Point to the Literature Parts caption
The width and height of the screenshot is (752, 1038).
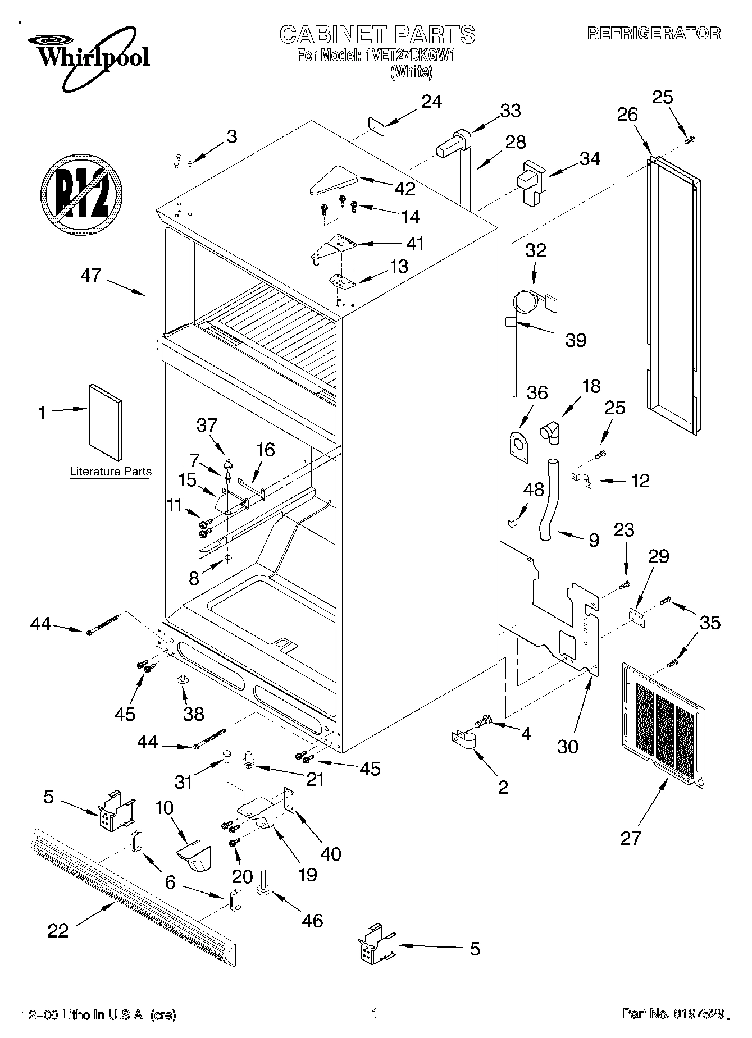111,472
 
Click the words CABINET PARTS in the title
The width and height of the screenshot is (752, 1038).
377,35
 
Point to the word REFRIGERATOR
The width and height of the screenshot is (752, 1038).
654,33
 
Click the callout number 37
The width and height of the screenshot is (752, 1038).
207,425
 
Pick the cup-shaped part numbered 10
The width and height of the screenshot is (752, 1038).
193,858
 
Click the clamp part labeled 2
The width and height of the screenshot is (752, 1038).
464,739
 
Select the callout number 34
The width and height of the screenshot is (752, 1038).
590,159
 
